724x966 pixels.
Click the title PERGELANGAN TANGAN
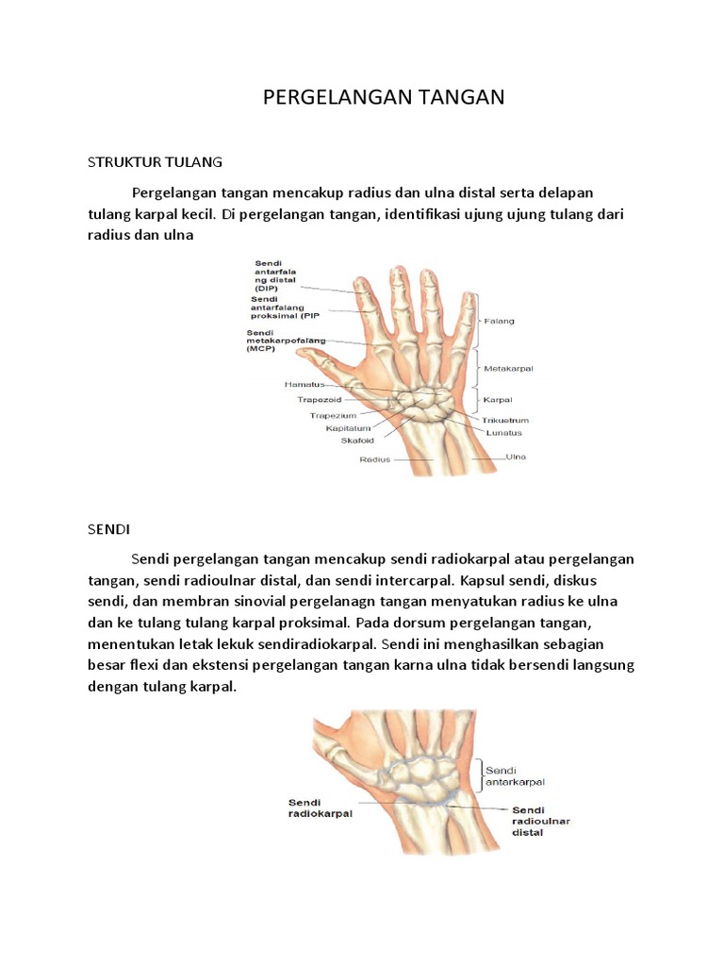tap(384, 96)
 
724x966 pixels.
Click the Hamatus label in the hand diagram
tap(304, 385)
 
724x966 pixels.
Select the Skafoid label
tap(356, 440)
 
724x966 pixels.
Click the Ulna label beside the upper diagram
tap(515, 457)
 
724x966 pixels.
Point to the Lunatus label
tap(503, 433)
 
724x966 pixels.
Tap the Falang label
tap(499, 321)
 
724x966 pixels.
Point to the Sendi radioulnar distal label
tap(540, 821)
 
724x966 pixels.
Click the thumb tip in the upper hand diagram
tap(301, 353)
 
